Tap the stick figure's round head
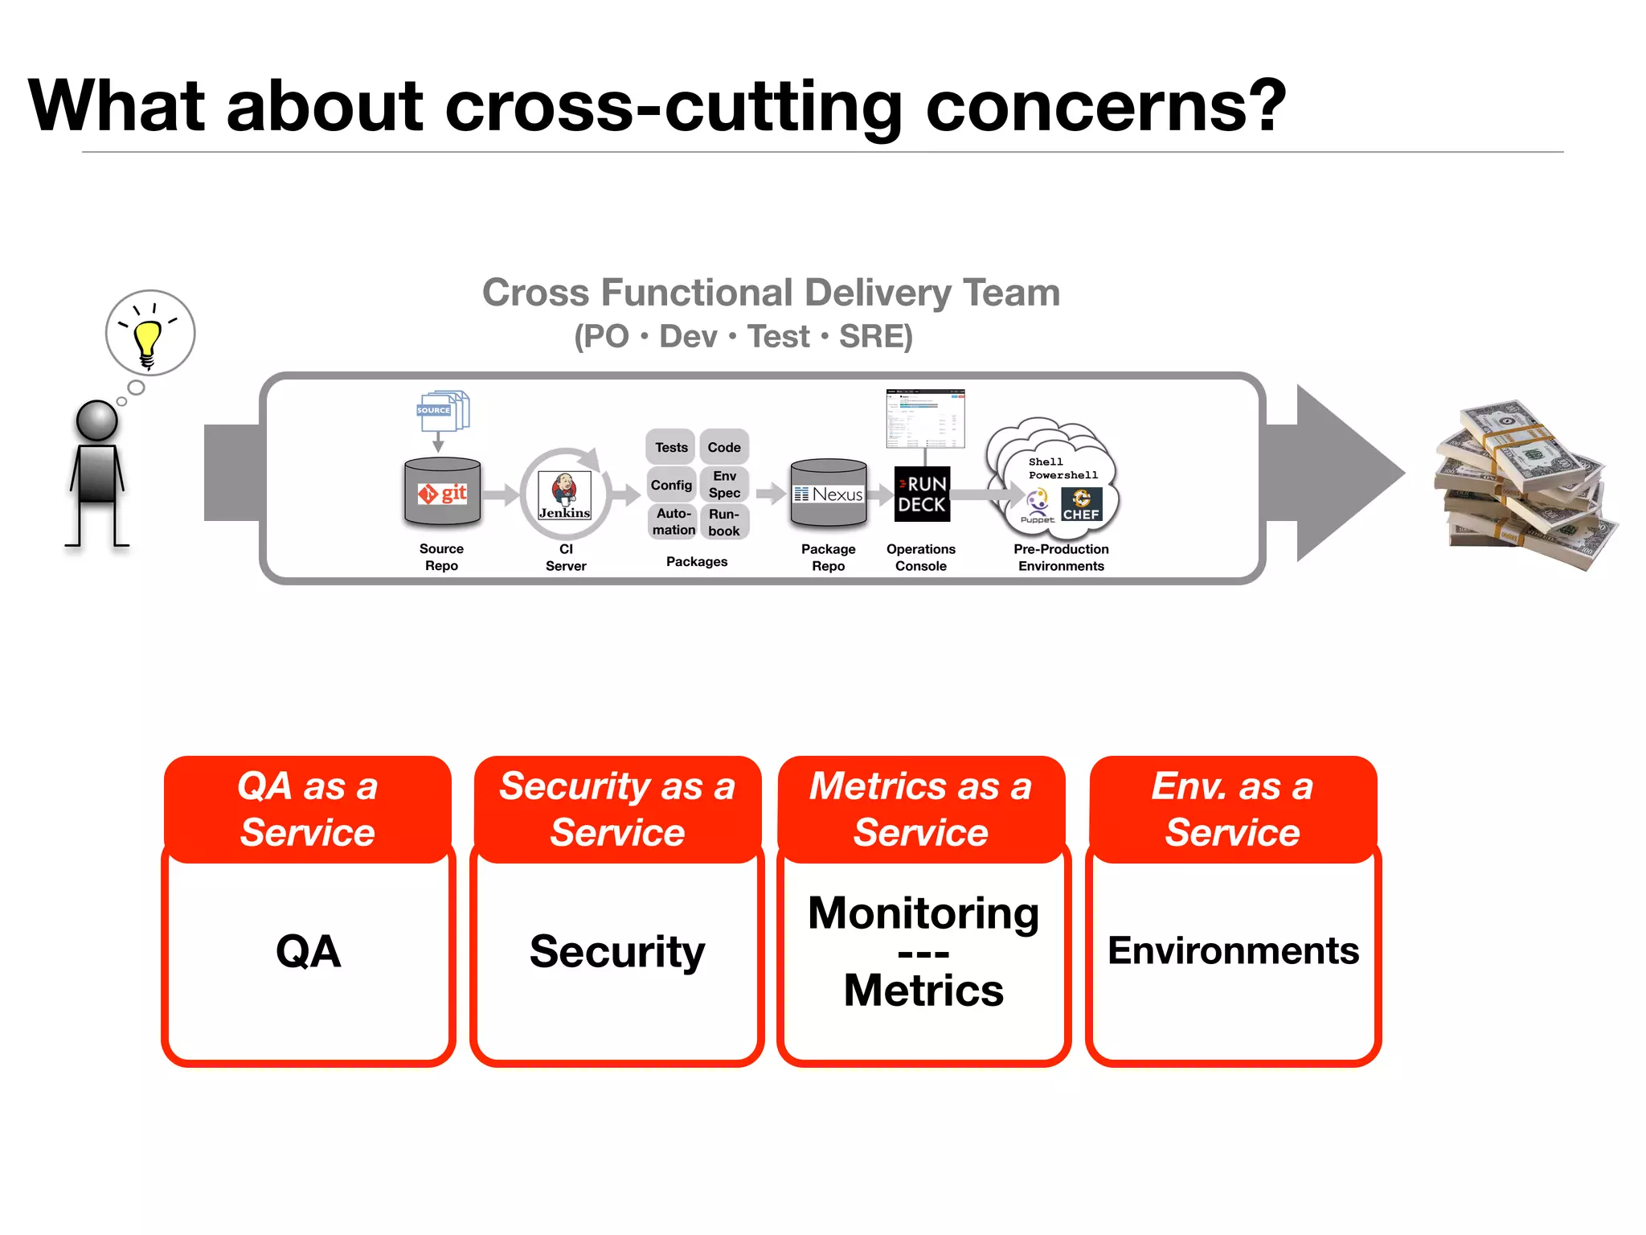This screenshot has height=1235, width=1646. point(97,420)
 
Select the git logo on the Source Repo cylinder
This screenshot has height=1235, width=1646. point(443,493)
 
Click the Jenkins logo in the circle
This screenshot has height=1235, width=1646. point(564,494)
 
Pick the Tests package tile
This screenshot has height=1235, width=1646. point(671,447)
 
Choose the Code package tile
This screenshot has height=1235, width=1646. point(724,447)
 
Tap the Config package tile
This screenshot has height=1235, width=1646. point(671,485)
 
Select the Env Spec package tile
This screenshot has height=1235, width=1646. point(724,485)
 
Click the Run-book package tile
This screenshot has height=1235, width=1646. point(724,522)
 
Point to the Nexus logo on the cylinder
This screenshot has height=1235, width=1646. point(829,494)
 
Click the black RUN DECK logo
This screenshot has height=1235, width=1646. point(922,494)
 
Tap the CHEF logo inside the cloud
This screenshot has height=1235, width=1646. point(1082,506)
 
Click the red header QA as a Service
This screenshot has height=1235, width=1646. point(308,808)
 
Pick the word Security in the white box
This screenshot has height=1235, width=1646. point(617,952)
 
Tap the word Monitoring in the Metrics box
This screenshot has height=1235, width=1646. point(923,913)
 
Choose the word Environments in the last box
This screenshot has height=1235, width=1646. point(1233,951)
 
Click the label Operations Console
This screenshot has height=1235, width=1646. point(921,557)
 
